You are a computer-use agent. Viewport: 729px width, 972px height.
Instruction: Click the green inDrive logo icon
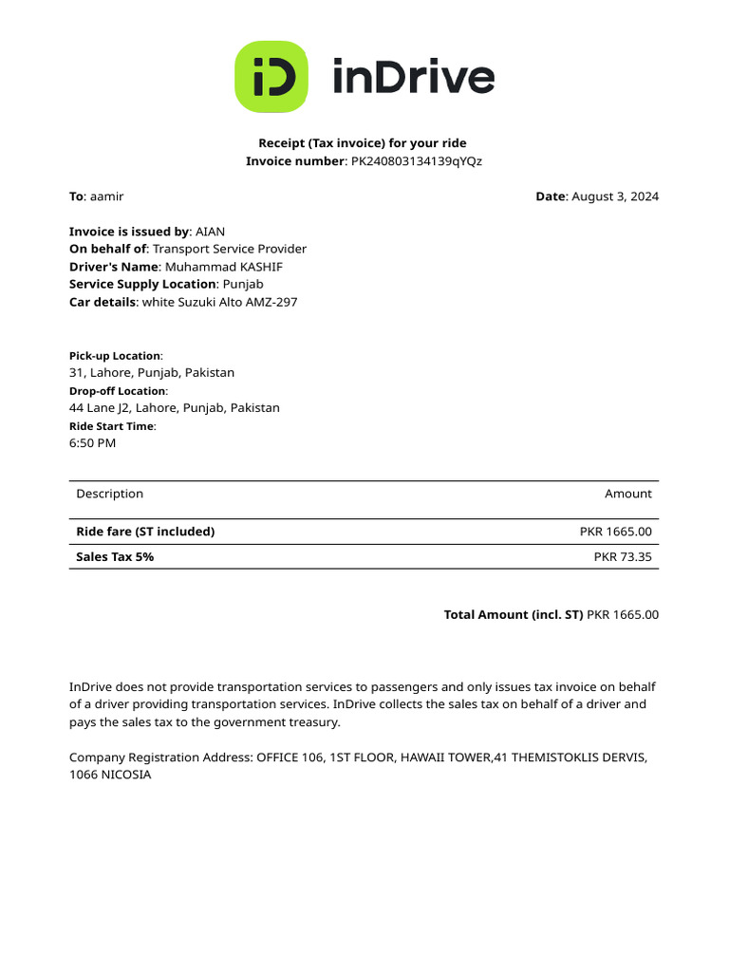(271, 77)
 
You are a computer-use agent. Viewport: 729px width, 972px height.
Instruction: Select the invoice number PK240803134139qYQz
(417, 161)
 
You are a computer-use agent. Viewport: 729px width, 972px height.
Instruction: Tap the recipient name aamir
(106, 196)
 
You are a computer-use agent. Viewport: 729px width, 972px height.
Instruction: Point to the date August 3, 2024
(614, 196)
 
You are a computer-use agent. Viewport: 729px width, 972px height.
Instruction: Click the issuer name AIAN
(211, 232)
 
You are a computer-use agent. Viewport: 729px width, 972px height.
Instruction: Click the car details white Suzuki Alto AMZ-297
(219, 302)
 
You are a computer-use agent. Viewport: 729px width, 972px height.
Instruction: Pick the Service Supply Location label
(142, 284)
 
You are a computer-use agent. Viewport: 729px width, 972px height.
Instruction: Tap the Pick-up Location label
(115, 356)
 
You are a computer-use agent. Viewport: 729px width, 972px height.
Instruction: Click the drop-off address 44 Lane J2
(175, 408)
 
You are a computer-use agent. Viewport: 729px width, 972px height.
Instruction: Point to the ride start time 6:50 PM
(92, 443)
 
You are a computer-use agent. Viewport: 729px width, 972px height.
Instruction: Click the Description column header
(109, 494)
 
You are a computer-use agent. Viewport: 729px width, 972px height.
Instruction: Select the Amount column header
(627, 494)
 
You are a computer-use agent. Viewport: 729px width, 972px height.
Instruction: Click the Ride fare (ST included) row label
(145, 532)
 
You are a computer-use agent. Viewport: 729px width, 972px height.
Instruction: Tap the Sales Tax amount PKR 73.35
(623, 557)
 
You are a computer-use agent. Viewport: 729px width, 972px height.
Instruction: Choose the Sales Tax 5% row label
(115, 557)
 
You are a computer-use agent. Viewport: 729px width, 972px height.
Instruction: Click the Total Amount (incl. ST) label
(513, 615)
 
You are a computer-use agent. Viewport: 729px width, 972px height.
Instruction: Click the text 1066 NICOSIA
(110, 775)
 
